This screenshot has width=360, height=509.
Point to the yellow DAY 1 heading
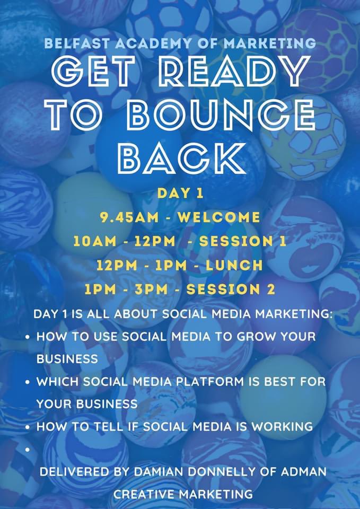pyautogui.click(x=180, y=194)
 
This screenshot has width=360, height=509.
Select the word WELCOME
pyautogui.click(x=218, y=217)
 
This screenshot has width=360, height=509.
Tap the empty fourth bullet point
pyautogui.click(x=27, y=449)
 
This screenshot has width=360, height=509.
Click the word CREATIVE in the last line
pyautogui.click(x=145, y=494)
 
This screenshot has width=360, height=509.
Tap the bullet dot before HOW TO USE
pyautogui.click(x=27, y=337)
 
